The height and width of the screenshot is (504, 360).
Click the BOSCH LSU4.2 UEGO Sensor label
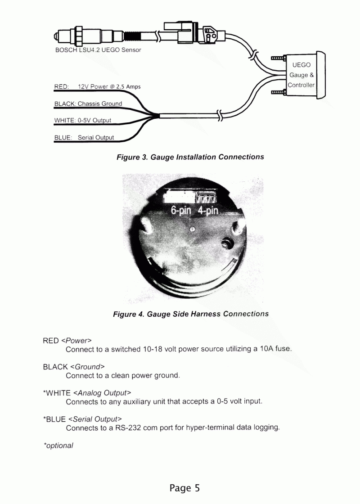coord(98,50)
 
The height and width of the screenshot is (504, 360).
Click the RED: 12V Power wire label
coord(97,86)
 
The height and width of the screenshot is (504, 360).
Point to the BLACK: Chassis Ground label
coord(88,103)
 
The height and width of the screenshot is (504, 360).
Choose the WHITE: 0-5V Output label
coord(83,121)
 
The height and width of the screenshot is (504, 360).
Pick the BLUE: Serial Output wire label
coord(84,138)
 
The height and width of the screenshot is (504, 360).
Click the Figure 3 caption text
coord(190,157)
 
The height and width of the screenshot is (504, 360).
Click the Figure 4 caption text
coord(191,314)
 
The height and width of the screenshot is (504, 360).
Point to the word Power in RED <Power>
coord(76,341)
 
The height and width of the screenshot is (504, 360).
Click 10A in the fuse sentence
coord(261,349)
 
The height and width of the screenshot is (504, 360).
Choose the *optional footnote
coord(58,445)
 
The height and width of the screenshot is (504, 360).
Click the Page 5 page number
coord(184,488)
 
